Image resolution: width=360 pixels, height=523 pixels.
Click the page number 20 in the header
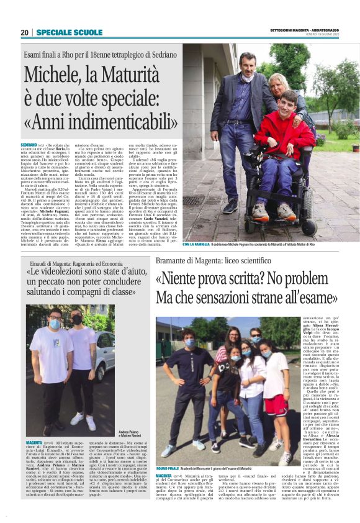(x=25, y=32)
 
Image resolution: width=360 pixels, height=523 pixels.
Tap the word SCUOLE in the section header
(x=84, y=32)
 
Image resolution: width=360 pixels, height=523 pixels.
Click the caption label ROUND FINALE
(x=169, y=468)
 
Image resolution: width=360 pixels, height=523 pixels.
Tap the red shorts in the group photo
(x=274, y=404)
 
